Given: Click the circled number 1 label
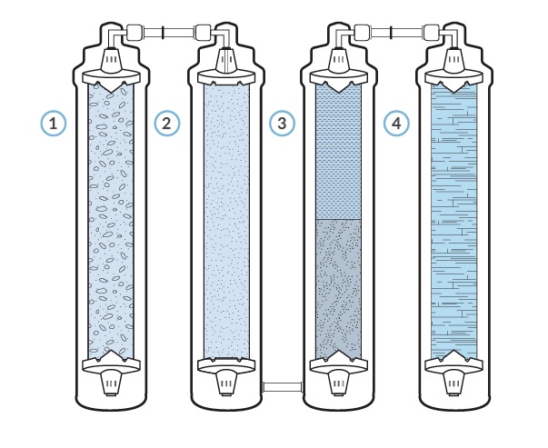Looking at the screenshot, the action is pos(53,123).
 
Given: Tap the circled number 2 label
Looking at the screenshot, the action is pos(167,123).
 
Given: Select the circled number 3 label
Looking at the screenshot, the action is pos(282,123).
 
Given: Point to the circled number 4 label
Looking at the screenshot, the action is pos(396,123).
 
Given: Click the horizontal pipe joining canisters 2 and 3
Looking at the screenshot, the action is pos(282,387).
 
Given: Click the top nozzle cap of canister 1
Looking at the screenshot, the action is pos(111,60).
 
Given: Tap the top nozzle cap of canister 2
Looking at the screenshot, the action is pos(226,60).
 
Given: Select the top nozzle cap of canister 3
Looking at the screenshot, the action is pos(339,60).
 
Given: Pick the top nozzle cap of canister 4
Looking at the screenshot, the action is pos(453,60).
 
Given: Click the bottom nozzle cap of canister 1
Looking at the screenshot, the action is pos(111,383).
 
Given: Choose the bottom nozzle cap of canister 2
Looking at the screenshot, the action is pos(226,383).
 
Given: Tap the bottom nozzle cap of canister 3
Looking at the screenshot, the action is pos(339,383).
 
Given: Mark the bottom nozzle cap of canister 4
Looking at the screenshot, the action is pos(453,383).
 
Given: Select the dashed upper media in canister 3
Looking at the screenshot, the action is pos(338,152).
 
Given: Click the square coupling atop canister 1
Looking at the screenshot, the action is pos(134,33).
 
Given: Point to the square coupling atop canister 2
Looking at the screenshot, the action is pos(203,33).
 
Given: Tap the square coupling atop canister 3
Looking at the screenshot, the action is pos(362,33).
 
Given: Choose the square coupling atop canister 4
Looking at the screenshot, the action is pos(432,33).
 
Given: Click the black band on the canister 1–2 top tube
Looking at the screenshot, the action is pos(163,33).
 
